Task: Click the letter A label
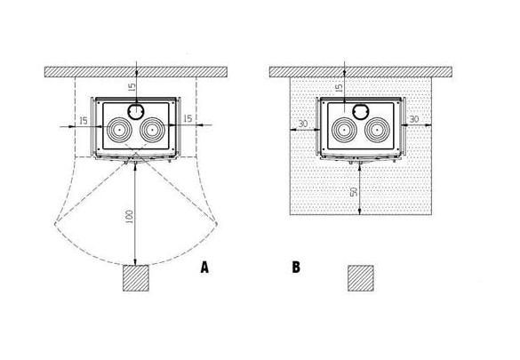204,268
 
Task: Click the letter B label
296,267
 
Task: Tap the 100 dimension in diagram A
130,217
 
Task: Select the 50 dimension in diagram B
354,192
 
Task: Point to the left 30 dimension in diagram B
303,124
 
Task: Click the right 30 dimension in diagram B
414,119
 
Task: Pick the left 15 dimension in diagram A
84,121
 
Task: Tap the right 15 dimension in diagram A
188,118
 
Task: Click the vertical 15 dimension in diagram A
132,87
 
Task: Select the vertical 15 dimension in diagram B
339,88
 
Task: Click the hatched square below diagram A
136,278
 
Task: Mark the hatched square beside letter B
361,278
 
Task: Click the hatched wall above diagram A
136,72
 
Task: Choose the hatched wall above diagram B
361,72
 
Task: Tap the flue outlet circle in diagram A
136,111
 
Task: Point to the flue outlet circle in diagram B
361,111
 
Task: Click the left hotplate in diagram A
119,130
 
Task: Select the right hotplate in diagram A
152,130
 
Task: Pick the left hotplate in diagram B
344,130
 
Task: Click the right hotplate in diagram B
377,130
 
